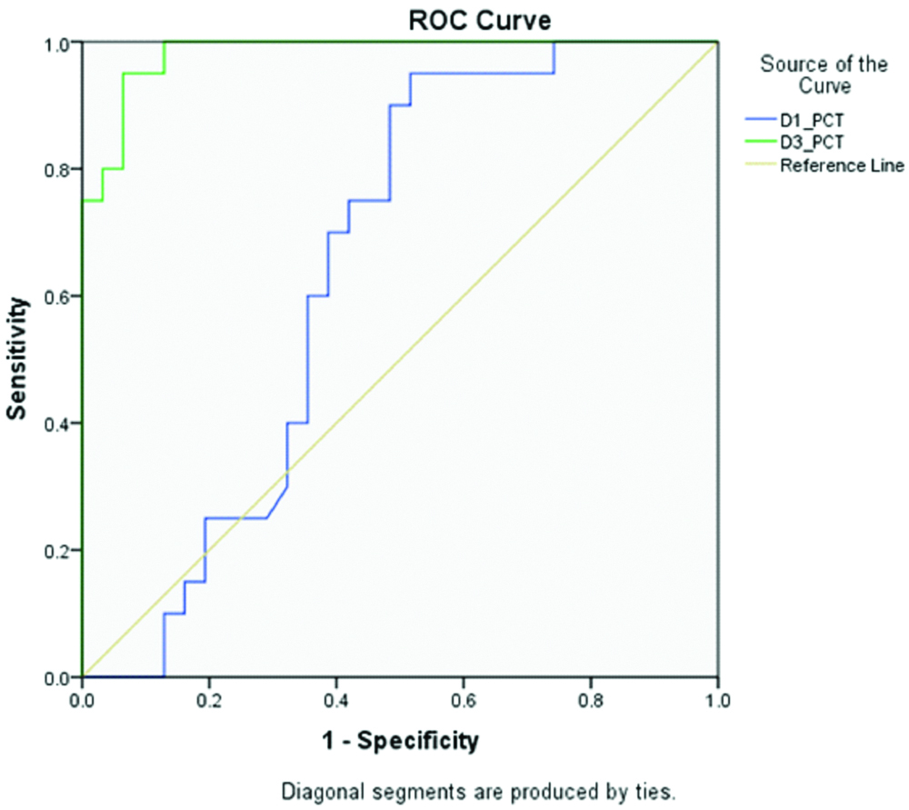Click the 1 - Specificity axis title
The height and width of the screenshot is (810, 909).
pyautogui.click(x=400, y=742)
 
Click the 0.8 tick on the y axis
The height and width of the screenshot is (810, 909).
pyautogui.click(x=59, y=169)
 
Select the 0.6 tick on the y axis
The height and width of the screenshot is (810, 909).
pyautogui.click(x=59, y=296)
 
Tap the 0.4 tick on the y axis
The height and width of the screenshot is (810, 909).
pyautogui.click(x=59, y=424)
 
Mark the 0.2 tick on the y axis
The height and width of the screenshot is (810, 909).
pyautogui.click(x=59, y=551)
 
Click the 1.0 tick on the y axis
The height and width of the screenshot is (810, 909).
pyautogui.click(x=59, y=43)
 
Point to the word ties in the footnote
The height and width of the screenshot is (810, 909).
pyautogui.click(x=655, y=788)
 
